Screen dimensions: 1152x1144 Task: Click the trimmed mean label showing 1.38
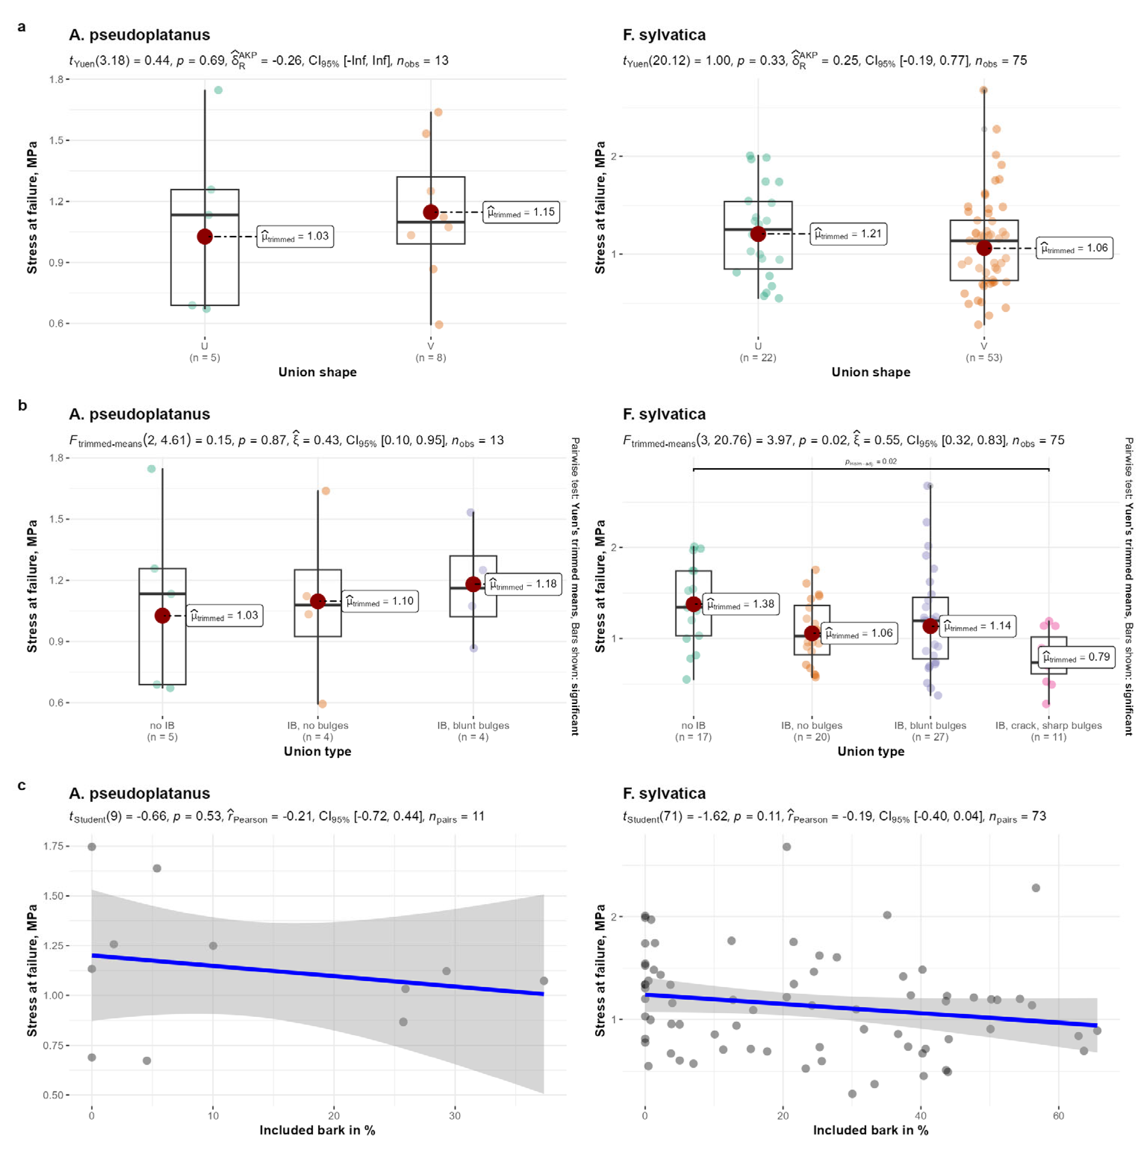pyautogui.click(x=740, y=604)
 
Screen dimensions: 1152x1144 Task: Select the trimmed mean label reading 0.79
pyautogui.click(x=1076, y=657)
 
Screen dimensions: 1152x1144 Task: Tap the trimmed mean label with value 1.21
pyautogui.click(x=848, y=234)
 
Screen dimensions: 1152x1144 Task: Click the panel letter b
pyautogui.click(x=23, y=405)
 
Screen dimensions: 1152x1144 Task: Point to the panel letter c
pyautogui.click(x=22, y=785)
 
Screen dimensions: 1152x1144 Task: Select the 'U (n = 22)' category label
pyautogui.click(x=758, y=352)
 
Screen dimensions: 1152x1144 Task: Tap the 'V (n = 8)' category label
pyautogui.click(x=431, y=352)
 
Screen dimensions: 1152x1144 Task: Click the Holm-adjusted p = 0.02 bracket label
pyautogui.click(x=870, y=461)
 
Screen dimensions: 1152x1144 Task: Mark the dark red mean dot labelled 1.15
pyautogui.click(x=431, y=212)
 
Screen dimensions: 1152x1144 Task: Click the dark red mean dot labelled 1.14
pyautogui.click(x=930, y=626)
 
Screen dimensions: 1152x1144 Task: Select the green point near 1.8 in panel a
pyautogui.click(x=218, y=90)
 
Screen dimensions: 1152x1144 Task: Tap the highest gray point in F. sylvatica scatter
pyautogui.click(x=786, y=847)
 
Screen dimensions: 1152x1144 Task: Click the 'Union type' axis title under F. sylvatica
pyautogui.click(x=870, y=751)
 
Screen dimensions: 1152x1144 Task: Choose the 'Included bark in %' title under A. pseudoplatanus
pyautogui.click(x=317, y=1130)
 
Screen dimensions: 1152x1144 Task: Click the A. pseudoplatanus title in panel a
pyautogui.click(x=140, y=35)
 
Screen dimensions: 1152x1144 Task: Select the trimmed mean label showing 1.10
pyautogui.click(x=380, y=601)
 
